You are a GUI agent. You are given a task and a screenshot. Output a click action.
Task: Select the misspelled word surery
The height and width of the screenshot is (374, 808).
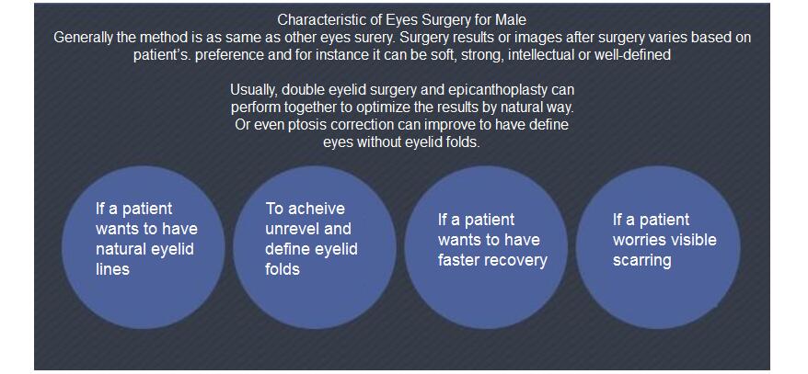(376, 39)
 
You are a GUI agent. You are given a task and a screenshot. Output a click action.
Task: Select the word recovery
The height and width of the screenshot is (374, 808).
(518, 260)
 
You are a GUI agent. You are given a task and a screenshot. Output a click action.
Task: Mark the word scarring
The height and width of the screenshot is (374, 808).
(641, 260)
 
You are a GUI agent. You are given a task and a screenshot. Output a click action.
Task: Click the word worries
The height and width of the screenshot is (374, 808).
(641, 240)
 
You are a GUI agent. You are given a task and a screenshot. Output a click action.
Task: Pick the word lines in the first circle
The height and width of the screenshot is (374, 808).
(112, 269)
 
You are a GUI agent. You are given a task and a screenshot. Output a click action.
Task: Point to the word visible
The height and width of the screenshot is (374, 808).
(696, 240)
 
